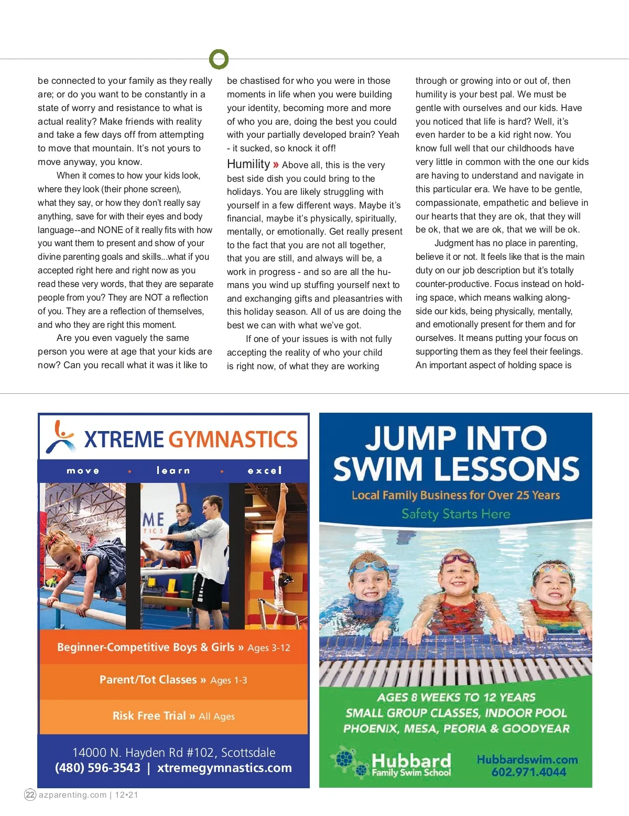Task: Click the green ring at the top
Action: (x=219, y=59)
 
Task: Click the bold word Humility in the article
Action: (x=248, y=164)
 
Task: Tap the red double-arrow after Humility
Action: (x=276, y=165)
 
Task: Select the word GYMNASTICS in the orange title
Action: (x=233, y=439)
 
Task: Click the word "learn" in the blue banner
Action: (x=173, y=470)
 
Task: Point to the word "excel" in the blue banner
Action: (x=265, y=470)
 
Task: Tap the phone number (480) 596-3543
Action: (x=97, y=768)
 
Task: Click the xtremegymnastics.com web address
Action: (x=224, y=768)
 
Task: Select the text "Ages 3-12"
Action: (x=269, y=648)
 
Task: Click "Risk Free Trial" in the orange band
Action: (x=149, y=716)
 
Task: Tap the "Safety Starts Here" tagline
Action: (x=456, y=514)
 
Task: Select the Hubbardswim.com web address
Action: (x=527, y=759)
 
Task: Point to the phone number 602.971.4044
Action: (x=528, y=772)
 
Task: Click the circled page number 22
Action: (x=30, y=795)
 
